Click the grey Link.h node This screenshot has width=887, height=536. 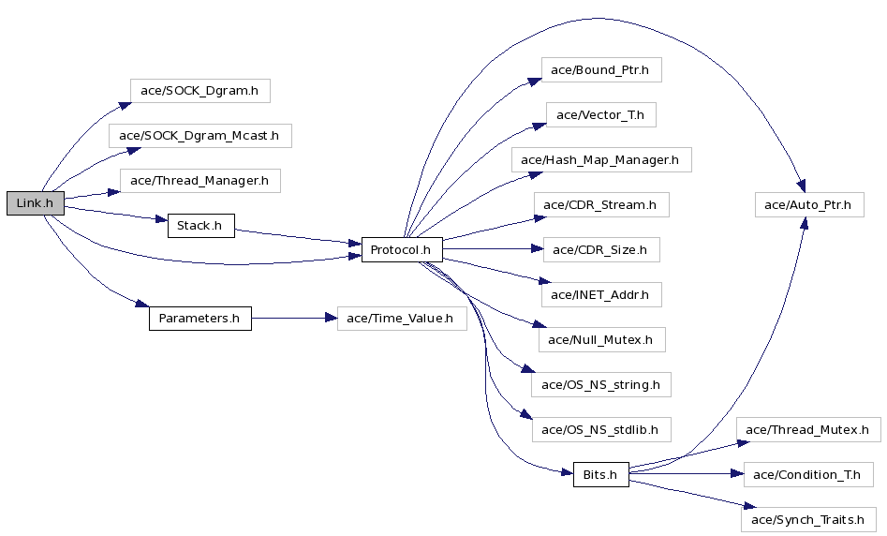point(35,203)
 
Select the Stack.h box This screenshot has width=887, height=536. point(200,226)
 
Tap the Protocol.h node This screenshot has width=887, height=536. point(402,249)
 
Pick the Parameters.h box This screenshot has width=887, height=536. point(200,319)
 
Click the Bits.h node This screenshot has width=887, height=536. point(600,474)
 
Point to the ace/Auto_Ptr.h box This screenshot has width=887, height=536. point(809,205)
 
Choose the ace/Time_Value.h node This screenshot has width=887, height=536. point(402,319)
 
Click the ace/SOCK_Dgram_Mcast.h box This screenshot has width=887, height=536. point(200,136)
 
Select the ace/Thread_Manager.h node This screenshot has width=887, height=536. point(200,181)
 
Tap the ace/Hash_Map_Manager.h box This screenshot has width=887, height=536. point(601,160)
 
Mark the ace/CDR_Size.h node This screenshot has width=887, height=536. point(601,249)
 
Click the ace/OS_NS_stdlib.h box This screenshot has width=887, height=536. point(601,429)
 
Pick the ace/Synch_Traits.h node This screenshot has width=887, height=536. point(808,519)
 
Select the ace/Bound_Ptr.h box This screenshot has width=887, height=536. point(601,69)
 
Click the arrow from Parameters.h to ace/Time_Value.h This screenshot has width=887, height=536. point(294,318)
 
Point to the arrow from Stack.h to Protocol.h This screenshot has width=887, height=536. point(298,236)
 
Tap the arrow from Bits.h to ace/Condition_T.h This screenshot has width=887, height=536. point(687,473)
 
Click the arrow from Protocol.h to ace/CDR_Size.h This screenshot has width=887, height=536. point(493,248)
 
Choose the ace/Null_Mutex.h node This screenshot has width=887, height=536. point(600,339)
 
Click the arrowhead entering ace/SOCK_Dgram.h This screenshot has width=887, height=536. point(125,106)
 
